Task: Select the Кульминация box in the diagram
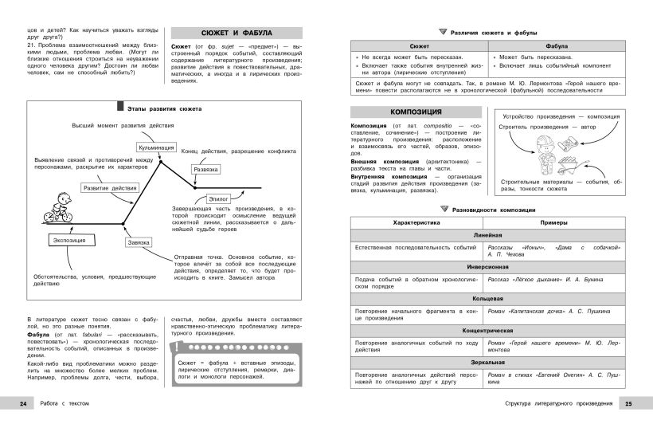coord(157,147)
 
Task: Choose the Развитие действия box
coord(109,188)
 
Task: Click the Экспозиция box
coord(68,239)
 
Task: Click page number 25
coord(628,404)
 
